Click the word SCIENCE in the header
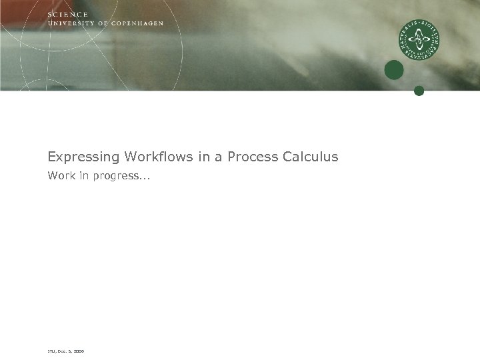tap(68, 15)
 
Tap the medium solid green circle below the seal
tap(394, 70)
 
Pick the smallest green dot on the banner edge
tap(419, 91)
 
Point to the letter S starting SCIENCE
tap(50, 15)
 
